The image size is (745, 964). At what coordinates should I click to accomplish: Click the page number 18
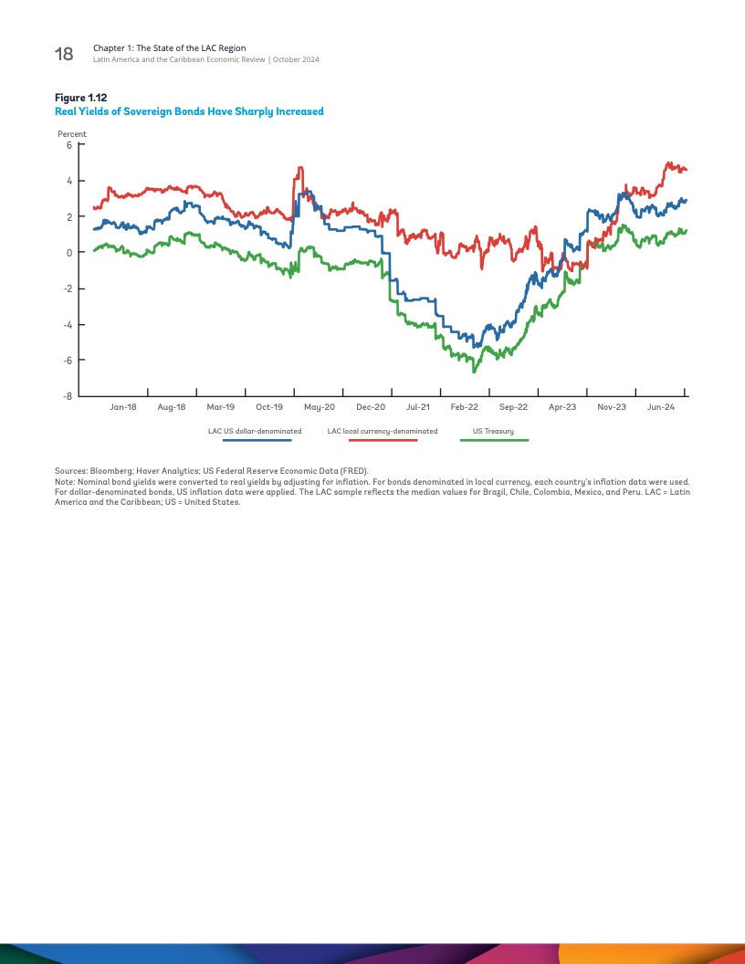point(64,54)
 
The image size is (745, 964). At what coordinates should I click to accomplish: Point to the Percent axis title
point(72,134)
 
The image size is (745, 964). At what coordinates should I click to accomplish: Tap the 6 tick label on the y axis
point(68,144)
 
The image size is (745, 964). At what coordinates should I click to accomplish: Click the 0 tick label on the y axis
point(68,253)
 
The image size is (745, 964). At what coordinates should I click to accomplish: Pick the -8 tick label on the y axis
point(67,396)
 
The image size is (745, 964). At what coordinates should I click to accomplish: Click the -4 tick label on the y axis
point(67,325)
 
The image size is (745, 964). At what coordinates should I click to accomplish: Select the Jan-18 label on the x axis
point(123,407)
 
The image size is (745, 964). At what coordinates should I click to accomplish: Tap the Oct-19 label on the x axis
point(269,407)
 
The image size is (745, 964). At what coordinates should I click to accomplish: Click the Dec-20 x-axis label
point(371,407)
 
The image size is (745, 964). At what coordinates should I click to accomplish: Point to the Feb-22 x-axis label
point(465,407)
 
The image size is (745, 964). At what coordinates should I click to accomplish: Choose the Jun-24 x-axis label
point(661,407)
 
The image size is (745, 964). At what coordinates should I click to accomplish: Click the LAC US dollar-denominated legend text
point(255,431)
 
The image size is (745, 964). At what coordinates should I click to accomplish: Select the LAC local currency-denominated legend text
point(383,431)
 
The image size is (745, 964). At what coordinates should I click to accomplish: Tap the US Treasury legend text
point(493,431)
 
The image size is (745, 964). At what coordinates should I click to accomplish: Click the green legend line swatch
point(494,440)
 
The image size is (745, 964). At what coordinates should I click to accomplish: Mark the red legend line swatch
point(383,440)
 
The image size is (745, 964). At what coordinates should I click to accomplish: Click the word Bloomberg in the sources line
point(110,472)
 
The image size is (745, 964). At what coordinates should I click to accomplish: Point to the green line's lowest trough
point(474,372)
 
